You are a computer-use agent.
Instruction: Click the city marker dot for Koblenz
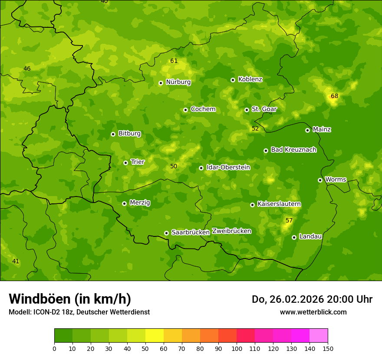click(x=233, y=80)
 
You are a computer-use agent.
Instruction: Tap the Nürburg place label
click(x=178, y=82)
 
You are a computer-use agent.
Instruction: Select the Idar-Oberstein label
click(x=228, y=167)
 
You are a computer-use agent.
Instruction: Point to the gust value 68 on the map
click(x=334, y=96)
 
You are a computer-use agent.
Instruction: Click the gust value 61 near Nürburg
click(x=174, y=61)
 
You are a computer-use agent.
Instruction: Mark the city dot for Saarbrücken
click(x=166, y=233)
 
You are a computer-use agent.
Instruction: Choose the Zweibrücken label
click(x=231, y=231)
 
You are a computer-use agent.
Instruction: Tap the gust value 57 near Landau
click(x=289, y=220)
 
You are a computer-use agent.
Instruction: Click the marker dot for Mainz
click(x=307, y=130)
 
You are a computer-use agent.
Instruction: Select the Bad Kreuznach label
click(x=293, y=150)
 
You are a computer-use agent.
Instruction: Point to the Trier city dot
click(x=125, y=163)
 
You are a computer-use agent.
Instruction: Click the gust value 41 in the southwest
click(x=16, y=261)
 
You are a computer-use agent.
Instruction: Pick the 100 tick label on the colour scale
click(x=237, y=348)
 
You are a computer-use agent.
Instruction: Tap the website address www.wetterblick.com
click(x=313, y=312)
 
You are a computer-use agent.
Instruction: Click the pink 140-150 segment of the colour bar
click(x=319, y=336)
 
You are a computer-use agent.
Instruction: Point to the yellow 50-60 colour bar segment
click(x=155, y=336)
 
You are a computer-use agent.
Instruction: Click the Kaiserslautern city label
click(x=279, y=204)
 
